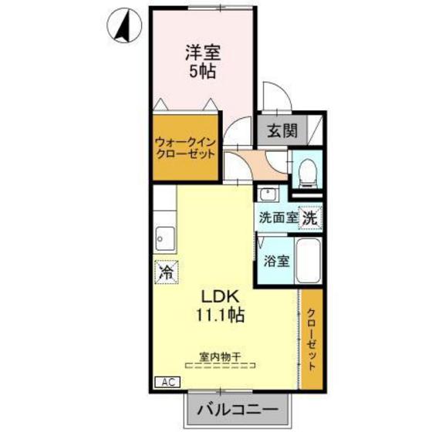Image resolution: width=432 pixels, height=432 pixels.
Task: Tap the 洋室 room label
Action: [202, 55]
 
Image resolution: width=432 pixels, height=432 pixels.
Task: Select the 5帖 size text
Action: [202, 74]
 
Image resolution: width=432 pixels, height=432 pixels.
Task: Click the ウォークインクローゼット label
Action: [186, 147]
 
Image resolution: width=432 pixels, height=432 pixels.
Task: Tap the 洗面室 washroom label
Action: [278, 218]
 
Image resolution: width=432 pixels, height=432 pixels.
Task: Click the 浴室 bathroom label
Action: [276, 260]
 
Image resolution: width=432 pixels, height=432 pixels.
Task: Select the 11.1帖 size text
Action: [222, 316]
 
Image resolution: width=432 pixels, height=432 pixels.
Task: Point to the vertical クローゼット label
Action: [310, 339]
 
